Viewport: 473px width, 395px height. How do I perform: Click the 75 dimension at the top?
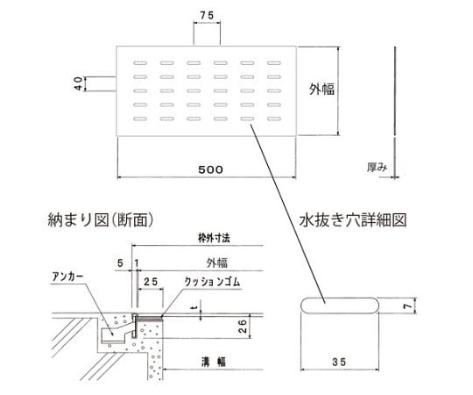pos(207,16)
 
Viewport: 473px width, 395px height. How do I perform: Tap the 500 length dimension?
pos(210,169)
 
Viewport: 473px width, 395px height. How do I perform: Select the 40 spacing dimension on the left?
pos(78,83)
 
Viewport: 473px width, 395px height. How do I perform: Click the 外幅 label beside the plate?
pos(321,90)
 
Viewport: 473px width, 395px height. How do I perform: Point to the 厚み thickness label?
pos(377,167)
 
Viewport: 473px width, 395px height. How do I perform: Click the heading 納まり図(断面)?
pos(101,219)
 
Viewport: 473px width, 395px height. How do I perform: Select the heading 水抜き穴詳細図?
pos(353,219)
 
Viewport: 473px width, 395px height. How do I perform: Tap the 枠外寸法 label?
pos(214,238)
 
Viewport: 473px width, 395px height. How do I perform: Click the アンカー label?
pos(67,276)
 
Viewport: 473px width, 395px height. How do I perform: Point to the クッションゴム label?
pos(212,282)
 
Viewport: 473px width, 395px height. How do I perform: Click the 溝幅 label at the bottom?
pos(214,362)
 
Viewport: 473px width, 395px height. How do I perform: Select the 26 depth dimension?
pos(243,327)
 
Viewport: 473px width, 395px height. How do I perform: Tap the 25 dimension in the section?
pos(151,282)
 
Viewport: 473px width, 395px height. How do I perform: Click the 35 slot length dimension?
pos(339,362)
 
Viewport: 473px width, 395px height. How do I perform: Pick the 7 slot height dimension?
pos(407,305)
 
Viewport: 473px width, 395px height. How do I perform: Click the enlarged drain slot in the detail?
pos(340,305)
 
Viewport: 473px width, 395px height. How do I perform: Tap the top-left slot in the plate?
pos(140,63)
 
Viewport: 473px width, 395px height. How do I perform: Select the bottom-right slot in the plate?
pos(274,118)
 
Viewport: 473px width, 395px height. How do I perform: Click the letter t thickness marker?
pos(195,307)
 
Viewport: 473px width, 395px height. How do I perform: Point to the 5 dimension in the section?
pos(120,263)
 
